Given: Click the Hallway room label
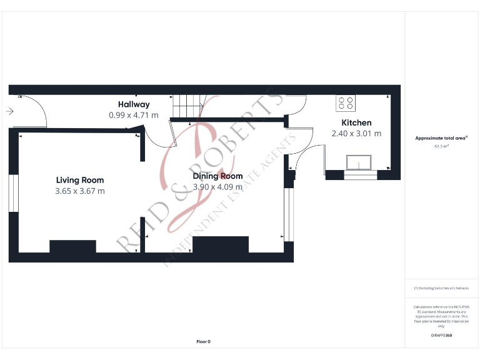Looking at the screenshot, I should click(134, 104).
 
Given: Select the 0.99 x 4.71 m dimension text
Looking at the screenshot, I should click(134, 115).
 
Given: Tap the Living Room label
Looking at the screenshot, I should click(80, 180).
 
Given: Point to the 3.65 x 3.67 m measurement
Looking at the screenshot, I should click(80, 191).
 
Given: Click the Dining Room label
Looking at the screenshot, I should click(218, 176).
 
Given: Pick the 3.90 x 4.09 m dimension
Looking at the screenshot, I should click(218, 186).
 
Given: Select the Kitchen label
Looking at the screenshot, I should click(356, 122).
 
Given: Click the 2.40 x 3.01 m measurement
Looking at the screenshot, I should click(356, 133).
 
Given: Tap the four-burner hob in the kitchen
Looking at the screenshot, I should click(346, 102).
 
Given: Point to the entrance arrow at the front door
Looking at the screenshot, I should click(9, 111).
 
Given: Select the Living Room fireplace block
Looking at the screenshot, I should click(72, 246).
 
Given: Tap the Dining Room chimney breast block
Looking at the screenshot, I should click(220, 244).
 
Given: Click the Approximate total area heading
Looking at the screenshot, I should click(441, 138).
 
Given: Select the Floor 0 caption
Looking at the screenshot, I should click(204, 341).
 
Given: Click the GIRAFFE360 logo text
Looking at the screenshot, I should click(441, 336).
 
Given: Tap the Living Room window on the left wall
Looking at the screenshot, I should click(12, 193).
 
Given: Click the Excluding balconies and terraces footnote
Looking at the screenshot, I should click(441, 288).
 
